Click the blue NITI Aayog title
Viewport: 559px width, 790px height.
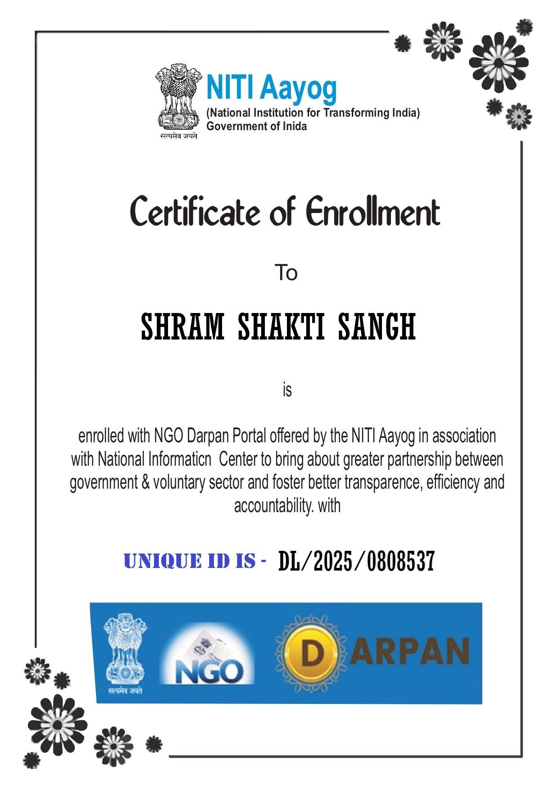(x=271, y=88)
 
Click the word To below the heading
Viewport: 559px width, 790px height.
(x=286, y=273)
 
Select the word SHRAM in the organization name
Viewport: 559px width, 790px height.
(x=182, y=327)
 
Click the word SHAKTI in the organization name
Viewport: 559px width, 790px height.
(x=281, y=327)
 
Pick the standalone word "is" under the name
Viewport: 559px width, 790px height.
(x=287, y=390)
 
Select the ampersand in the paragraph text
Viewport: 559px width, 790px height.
(x=145, y=482)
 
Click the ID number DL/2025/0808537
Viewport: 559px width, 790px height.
(x=356, y=561)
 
